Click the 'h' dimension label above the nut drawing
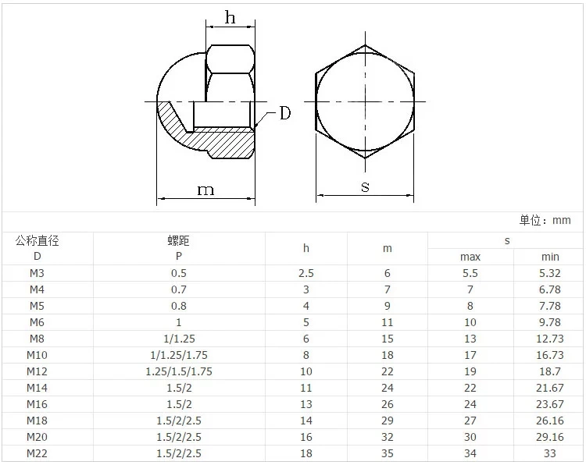click(230, 18)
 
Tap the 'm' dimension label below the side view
click(205, 190)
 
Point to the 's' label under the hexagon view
click(365, 186)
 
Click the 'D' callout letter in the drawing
click(284, 114)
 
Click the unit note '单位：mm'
click(545, 221)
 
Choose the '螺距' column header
click(178, 241)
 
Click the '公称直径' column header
click(37, 241)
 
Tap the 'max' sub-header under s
click(470, 257)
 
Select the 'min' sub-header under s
click(550, 257)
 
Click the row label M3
click(37, 273)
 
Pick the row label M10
click(37, 355)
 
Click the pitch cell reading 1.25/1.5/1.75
click(178, 371)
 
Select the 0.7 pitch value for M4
click(178, 289)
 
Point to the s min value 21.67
click(550, 388)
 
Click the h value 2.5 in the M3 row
click(306, 273)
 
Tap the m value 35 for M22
click(388, 453)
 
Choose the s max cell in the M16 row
click(470, 404)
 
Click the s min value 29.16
click(550, 437)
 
